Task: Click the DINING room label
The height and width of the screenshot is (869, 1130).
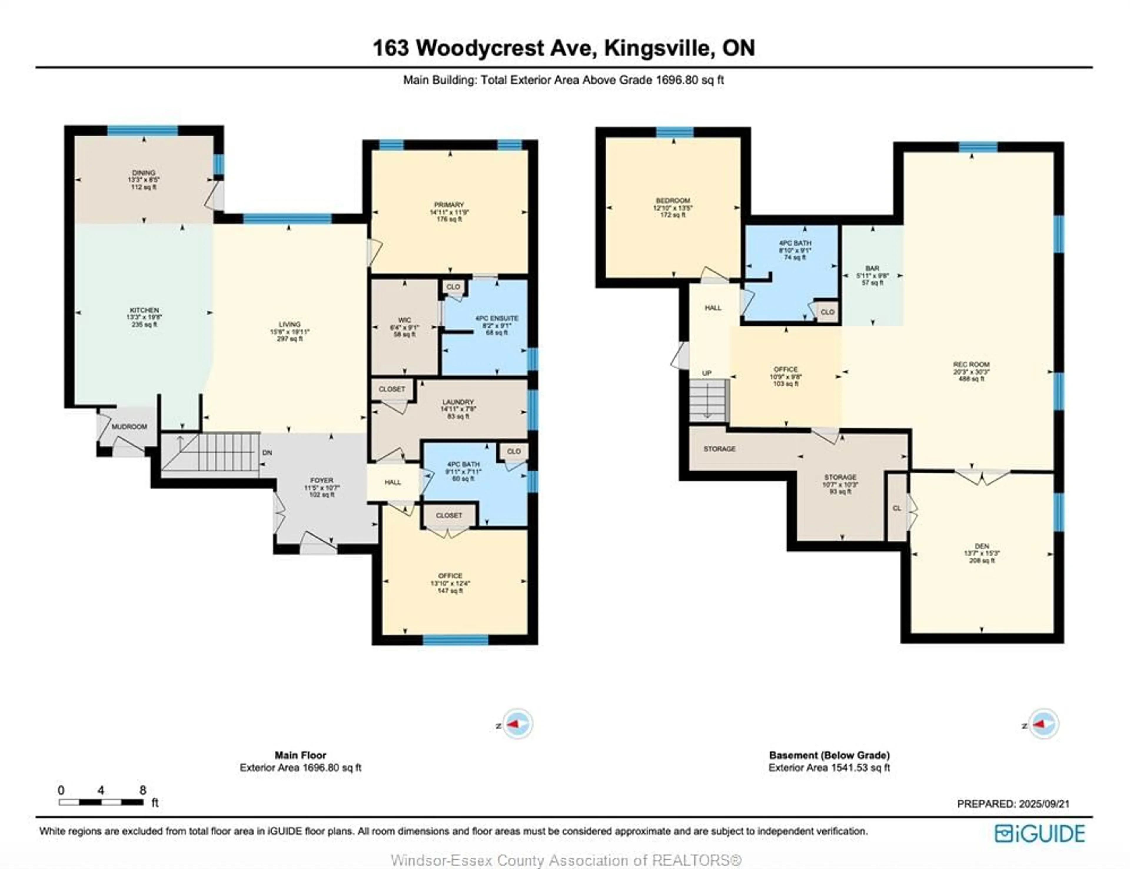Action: tap(143, 173)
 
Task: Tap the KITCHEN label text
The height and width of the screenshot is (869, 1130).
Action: tap(144, 310)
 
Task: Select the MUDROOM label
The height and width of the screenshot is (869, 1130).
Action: tap(129, 426)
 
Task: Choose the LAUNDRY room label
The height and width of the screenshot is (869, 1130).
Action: tap(458, 402)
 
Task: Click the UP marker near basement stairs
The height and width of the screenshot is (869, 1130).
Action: tap(707, 373)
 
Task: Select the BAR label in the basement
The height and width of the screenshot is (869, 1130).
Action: tap(872, 268)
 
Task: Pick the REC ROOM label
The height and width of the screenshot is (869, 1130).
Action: tap(971, 364)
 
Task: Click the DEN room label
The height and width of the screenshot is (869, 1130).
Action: tap(981, 546)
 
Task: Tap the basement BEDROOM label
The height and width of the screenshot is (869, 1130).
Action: tap(673, 201)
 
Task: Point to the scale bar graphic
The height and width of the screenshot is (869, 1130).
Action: tap(101, 802)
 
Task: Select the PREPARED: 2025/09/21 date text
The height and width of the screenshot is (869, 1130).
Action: tap(1013, 804)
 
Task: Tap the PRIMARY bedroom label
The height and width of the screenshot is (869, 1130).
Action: tap(449, 205)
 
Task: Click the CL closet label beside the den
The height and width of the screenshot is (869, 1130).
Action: tap(897, 508)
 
